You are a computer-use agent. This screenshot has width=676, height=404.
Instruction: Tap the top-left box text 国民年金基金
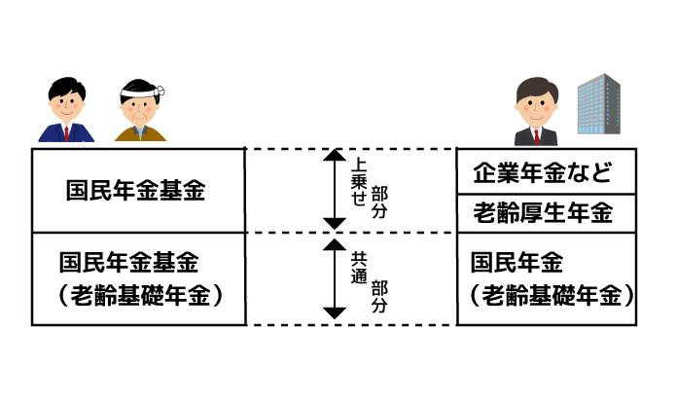(x=135, y=191)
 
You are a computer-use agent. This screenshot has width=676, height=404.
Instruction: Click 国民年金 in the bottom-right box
(x=516, y=263)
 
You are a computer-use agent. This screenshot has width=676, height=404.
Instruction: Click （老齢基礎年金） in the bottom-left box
(x=135, y=294)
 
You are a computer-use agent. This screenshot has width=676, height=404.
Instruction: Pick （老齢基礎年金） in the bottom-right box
(x=545, y=294)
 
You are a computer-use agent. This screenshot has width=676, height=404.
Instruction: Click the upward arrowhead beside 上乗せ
(x=334, y=156)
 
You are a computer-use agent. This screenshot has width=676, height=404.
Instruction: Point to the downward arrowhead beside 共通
(x=334, y=312)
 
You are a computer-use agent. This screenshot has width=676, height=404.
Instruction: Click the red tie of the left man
(x=67, y=132)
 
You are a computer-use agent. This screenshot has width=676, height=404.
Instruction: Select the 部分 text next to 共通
(x=379, y=295)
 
